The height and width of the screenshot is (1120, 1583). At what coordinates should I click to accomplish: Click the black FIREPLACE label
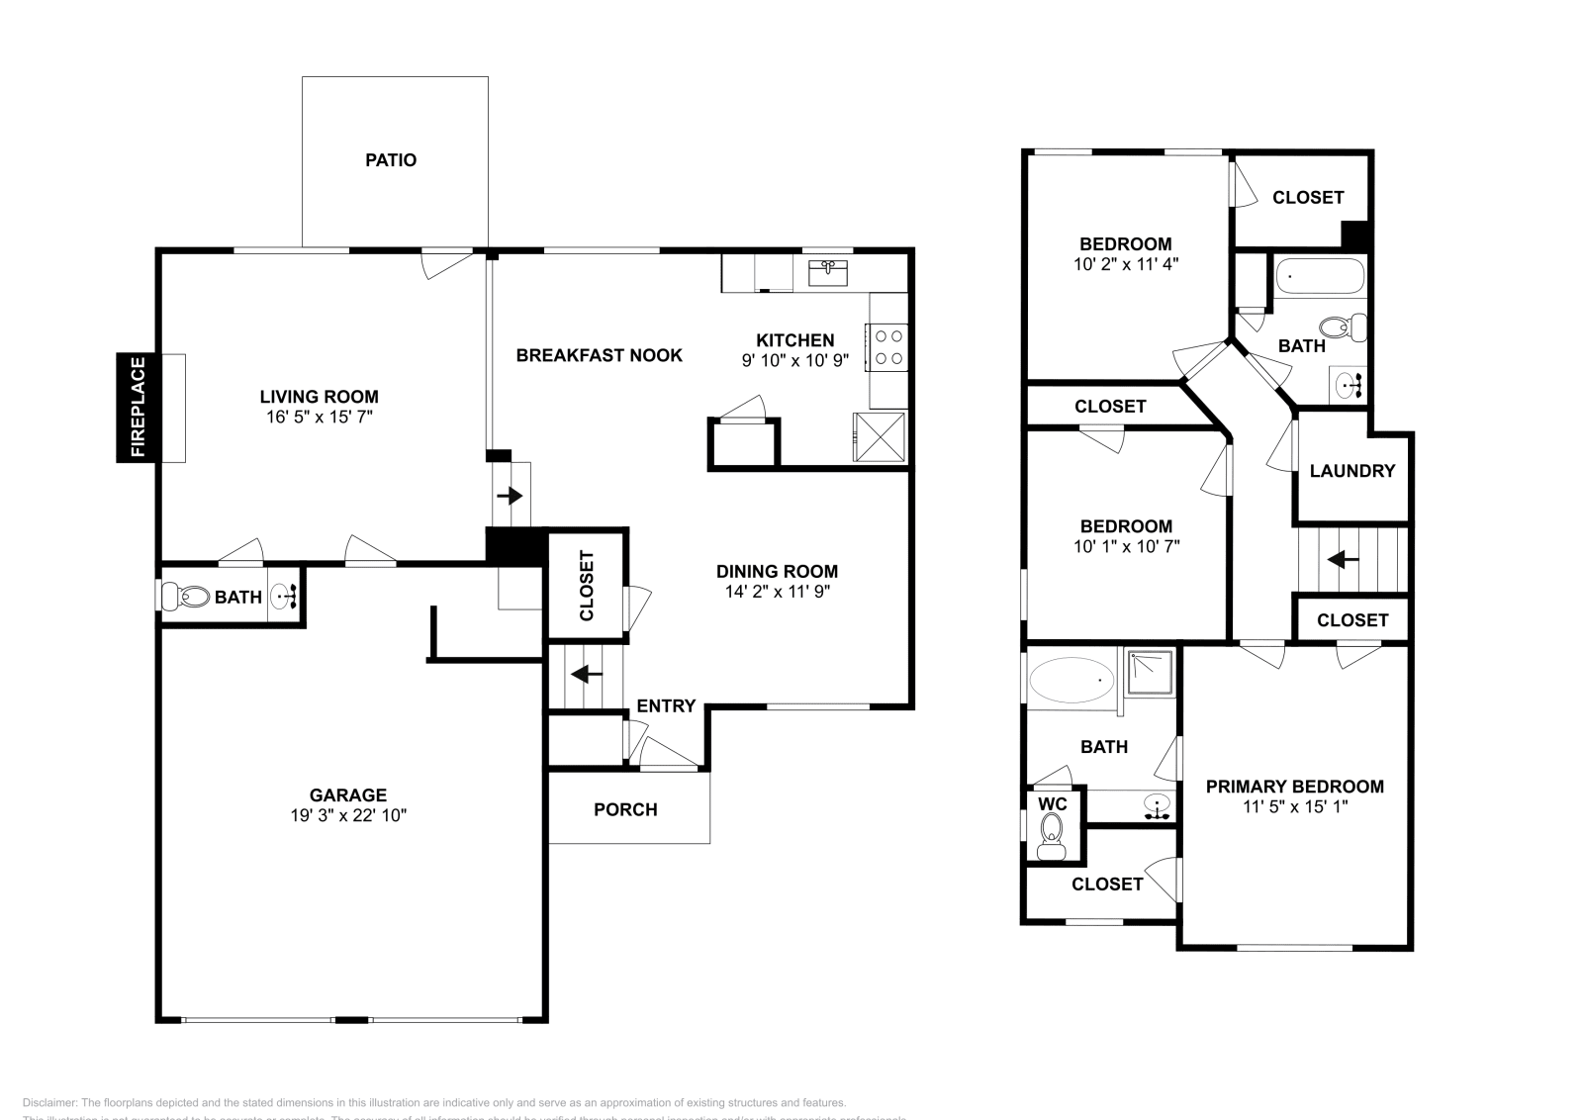[x=138, y=407]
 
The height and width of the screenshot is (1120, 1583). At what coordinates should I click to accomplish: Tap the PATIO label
[x=391, y=160]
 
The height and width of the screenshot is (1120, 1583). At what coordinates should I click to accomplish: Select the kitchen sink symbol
[x=828, y=272]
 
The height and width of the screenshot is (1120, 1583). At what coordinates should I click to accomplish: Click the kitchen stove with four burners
[x=888, y=346]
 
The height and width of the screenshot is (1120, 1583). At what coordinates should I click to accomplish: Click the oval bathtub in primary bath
[x=1071, y=680]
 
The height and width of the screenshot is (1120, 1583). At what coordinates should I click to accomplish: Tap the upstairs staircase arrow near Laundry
[x=1343, y=560]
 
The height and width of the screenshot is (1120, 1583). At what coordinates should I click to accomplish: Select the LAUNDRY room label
[x=1351, y=471]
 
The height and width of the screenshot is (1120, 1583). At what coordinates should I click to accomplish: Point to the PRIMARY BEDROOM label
[x=1294, y=787]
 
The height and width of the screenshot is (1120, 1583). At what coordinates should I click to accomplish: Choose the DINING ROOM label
[x=777, y=571]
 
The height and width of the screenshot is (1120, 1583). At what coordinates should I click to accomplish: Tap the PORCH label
[x=625, y=809]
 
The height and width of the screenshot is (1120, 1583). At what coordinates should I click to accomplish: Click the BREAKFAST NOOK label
[x=599, y=355]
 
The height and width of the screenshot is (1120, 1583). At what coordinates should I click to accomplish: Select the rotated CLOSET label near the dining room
[x=586, y=585]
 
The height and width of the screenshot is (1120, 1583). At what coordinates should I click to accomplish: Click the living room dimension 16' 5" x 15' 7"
[x=319, y=418]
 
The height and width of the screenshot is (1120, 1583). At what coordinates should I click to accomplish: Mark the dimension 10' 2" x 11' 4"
[x=1125, y=264]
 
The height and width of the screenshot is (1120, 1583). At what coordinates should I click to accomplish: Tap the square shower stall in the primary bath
[x=1150, y=674]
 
